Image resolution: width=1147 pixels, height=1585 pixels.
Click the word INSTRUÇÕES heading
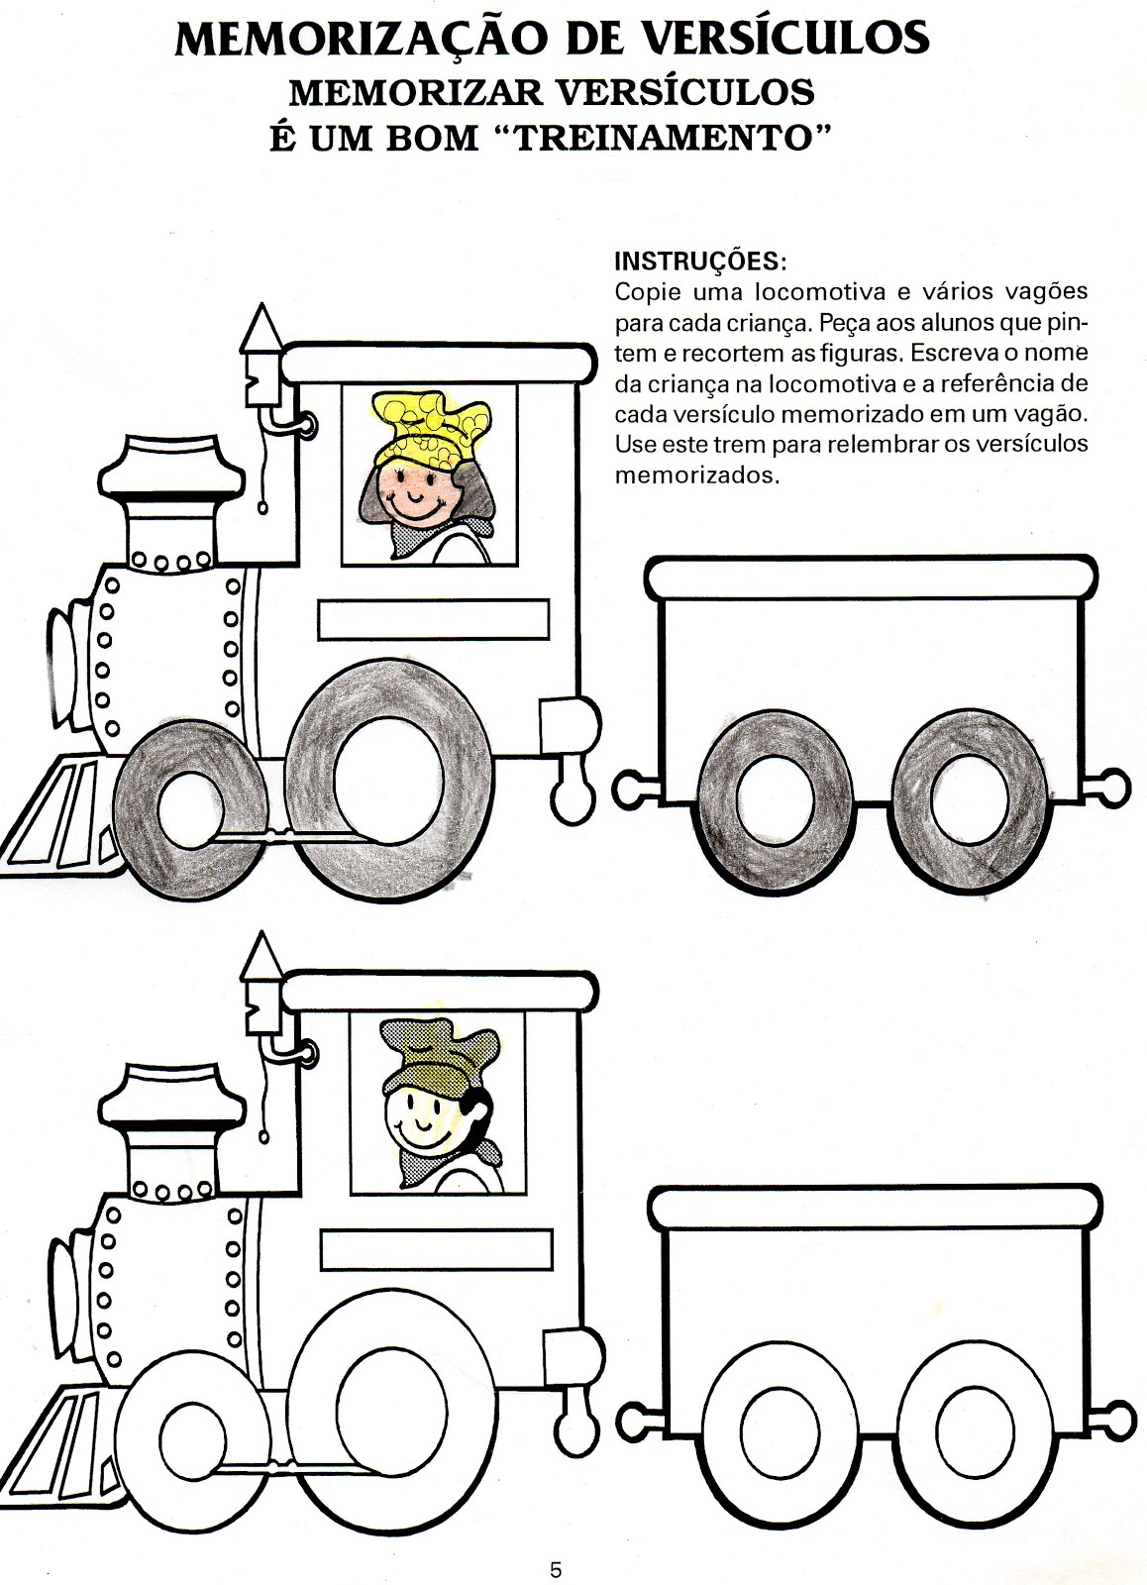[x=700, y=262]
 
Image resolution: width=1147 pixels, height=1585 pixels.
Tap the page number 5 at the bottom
[x=556, y=1569]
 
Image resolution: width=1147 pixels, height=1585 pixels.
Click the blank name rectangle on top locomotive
[x=433, y=619]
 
